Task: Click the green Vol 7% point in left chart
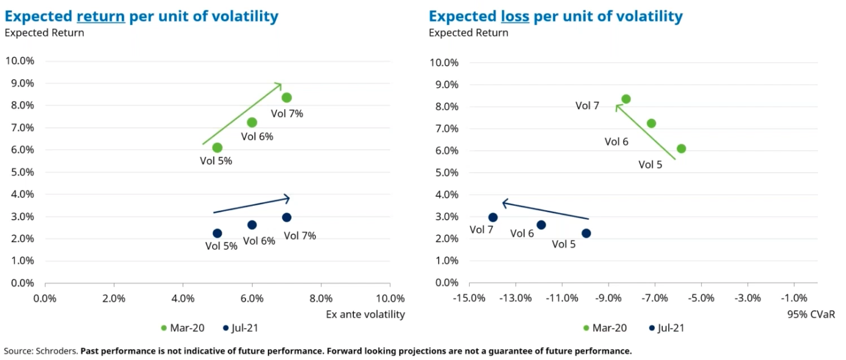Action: [286, 97]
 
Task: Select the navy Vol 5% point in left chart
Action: [217, 233]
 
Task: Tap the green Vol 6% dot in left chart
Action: [252, 122]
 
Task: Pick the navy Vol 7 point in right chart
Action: [493, 217]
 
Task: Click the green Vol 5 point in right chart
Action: [681, 149]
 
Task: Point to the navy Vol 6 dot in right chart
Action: [541, 225]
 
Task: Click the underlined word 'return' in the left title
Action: [100, 16]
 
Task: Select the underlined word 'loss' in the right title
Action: [515, 16]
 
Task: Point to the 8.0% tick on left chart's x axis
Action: [321, 298]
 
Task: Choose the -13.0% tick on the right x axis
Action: [515, 298]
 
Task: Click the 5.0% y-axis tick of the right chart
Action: [444, 172]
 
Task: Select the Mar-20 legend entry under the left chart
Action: [183, 328]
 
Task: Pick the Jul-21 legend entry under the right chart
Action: [667, 328]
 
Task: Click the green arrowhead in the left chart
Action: [278, 85]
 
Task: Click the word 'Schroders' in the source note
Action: [58, 351]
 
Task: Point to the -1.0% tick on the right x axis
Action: [794, 298]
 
